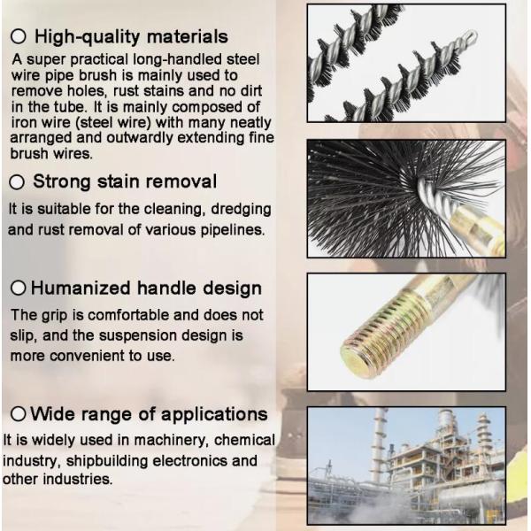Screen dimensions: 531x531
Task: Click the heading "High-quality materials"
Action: point(130,37)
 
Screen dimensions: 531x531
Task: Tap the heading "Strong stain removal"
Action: point(125,182)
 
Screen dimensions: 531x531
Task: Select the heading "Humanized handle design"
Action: point(146,289)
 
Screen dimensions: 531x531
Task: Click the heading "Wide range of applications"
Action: point(149,414)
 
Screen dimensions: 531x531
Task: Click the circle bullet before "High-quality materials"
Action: point(18,37)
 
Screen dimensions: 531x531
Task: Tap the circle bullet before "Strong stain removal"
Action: point(17,183)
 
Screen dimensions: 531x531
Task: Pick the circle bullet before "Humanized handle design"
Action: point(19,289)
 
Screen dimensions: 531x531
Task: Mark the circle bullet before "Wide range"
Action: point(18,414)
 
